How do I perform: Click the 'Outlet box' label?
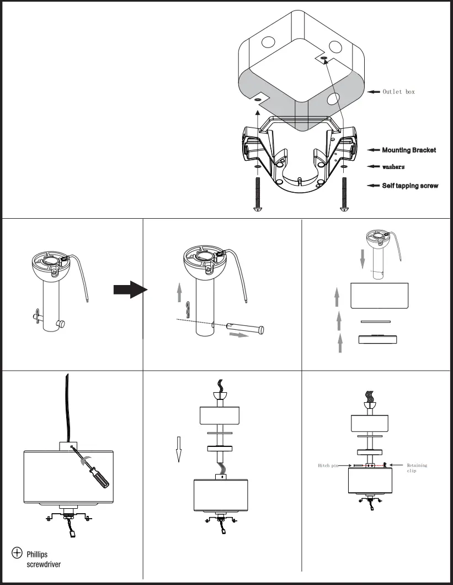pyautogui.click(x=398, y=92)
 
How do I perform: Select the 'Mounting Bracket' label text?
pyautogui.click(x=409, y=150)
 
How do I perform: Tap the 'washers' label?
pyautogui.click(x=393, y=167)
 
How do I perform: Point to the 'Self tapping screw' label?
pyautogui.click(x=410, y=186)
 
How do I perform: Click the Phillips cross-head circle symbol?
pyautogui.click(x=17, y=552)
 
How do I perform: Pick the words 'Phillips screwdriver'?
pyautogui.click(x=44, y=559)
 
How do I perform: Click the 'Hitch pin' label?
pyautogui.click(x=328, y=466)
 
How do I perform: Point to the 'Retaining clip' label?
pyautogui.click(x=416, y=468)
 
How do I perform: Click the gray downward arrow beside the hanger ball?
pyautogui.click(x=362, y=258)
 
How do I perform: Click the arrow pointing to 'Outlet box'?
pyautogui.click(x=374, y=92)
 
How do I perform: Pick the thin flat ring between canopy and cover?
pyautogui.click(x=375, y=321)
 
